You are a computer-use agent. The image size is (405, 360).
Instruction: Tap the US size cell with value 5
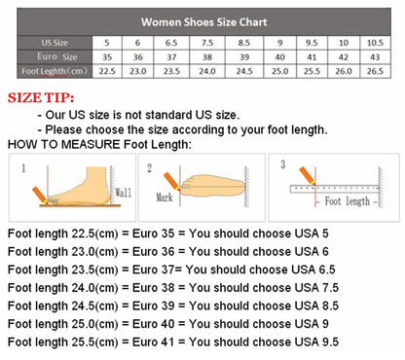(x=106, y=43)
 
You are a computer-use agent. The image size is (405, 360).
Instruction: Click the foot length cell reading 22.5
(x=106, y=71)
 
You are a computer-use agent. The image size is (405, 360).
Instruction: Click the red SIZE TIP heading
(x=46, y=98)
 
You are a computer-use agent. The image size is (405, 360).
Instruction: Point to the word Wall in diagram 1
(x=123, y=193)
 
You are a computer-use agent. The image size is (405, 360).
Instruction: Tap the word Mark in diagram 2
(x=170, y=197)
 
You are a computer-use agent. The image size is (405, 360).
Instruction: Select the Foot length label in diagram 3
(x=348, y=200)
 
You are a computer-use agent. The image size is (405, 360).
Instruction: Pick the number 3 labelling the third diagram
(x=282, y=164)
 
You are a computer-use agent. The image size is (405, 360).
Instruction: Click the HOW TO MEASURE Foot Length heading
(x=99, y=144)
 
